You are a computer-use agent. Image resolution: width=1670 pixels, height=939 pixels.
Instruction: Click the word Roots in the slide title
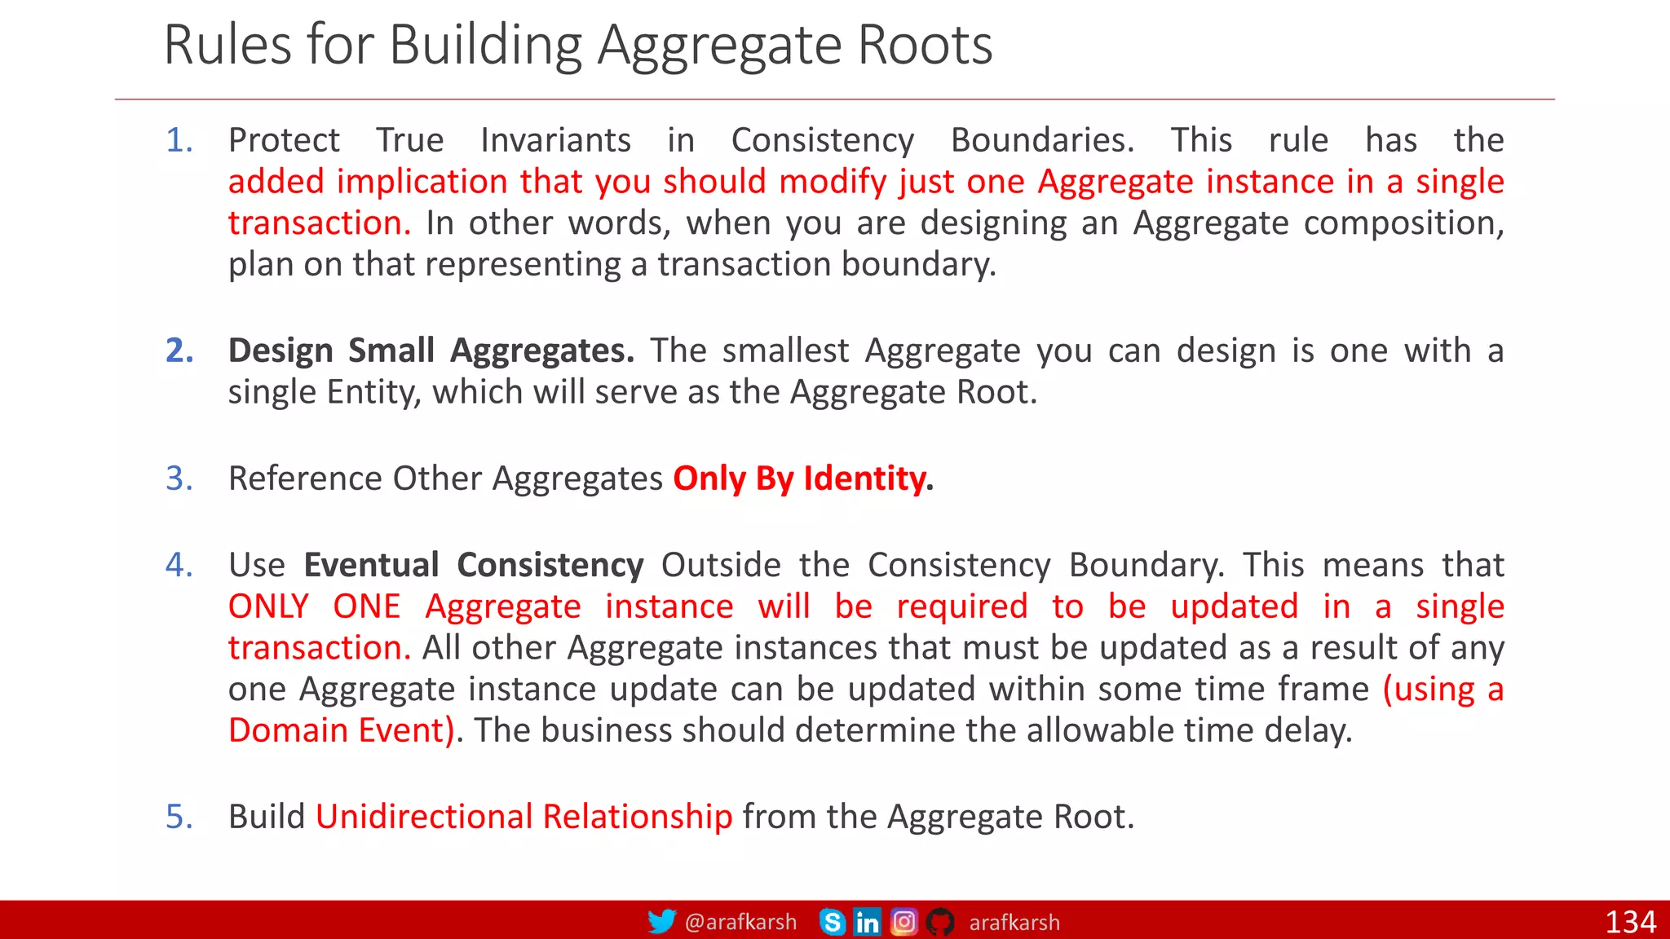pyautogui.click(x=925, y=45)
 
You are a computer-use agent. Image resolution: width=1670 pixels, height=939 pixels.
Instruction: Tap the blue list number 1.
pyautogui.click(x=179, y=140)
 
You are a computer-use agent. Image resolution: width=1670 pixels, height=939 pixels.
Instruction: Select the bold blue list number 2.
pyautogui.click(x=179, y=350)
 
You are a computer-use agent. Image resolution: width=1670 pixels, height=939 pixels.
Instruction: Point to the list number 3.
pyautogui.click(x=179, y=478)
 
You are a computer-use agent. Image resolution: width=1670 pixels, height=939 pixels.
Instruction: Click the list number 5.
pyautogui.click(x=179, y=817)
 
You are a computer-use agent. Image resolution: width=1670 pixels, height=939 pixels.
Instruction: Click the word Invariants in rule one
pyautogui.click(x=555, y=140)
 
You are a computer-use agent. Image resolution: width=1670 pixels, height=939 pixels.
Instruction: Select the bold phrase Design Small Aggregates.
pyautogui.click(x=431, y=350)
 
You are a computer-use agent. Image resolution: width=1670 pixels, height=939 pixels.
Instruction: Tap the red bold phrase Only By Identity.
pyautogui.click(x=802, y=478)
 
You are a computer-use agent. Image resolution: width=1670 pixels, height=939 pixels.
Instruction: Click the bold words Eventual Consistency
pyautogui.click(x=474, y=565)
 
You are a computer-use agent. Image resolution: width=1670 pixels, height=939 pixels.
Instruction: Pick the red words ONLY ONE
pyautogui.click(x=314, y=606)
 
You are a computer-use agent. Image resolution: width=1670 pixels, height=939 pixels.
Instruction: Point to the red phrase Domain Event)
pyautogui.click(x=341, y=730)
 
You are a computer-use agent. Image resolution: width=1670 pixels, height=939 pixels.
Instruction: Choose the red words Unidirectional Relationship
pyautogui.click(x=524, y=817)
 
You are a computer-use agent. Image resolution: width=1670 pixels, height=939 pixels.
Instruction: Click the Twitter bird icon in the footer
pyautogui.click(x=661, y=922)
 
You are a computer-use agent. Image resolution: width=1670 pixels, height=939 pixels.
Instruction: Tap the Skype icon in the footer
pyautogui.click(x=832, y=922)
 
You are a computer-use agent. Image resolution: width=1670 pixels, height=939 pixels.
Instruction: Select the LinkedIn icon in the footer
pyautogui.click(x=867, y=922)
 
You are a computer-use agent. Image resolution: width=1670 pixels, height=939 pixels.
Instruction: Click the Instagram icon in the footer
pyautogui.click(x=903, y=922)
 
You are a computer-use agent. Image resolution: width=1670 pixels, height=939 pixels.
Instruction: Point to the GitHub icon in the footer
pyautogui.click(x=940, y=922)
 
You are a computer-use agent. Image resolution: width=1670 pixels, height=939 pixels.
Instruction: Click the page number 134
pyautogui.click(x=1629, y=922)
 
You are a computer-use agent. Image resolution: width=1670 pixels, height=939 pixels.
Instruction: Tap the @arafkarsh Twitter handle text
pyautogui.click(x=740, y=922)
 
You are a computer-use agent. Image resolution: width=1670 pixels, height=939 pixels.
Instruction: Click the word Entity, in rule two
pyautogui.click(x=374, y=393)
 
